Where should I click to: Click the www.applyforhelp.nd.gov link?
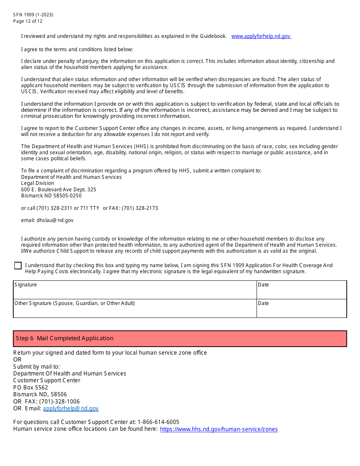tap(261, 36)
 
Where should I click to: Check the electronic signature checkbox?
tap(18, 266)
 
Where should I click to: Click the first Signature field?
tap(135, 290)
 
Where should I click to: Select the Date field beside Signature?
tap(301, 290)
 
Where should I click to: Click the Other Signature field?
tap(135, 309)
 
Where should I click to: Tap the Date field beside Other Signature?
tap(301, 309)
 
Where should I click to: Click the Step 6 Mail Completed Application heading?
tap(65, 338)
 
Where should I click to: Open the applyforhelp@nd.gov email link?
tap(70, 408)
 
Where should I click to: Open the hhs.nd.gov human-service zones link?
tap(219, 429)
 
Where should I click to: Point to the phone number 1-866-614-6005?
tap(158, 422)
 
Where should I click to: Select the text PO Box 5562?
tap(31, 388)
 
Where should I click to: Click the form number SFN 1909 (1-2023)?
tap(33, 15)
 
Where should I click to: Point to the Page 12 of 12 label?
tap(28, 21)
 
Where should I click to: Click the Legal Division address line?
tap(38, 183)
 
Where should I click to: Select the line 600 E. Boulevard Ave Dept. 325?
tap(59, 189)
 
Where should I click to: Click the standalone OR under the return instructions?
tap(17, 360)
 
